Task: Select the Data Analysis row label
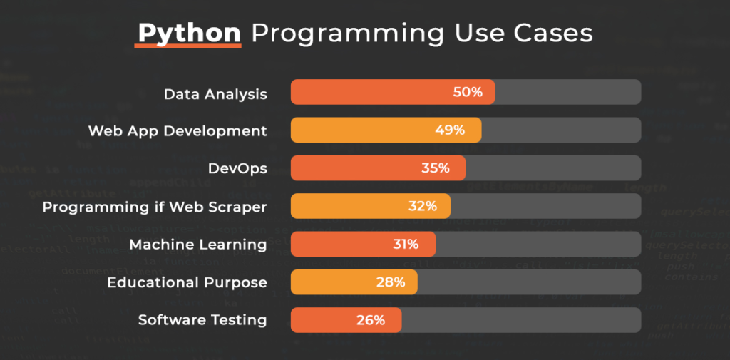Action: coord(215,93)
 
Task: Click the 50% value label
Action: coord(468,93)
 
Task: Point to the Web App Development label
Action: coord(178,131)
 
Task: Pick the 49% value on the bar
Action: coord(450,130)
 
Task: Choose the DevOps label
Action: coord(237,169)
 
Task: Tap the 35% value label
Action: coord(435,168)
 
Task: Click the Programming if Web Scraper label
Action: coord(155,207)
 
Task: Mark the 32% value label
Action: coord(422,206)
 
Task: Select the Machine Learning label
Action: coord(198,245)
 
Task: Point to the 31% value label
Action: coord(405,244)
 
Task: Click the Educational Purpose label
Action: coord(187,282)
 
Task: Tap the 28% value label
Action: coord(391,282)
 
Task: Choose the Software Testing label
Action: coord(202,320)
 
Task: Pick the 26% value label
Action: coord(371,320)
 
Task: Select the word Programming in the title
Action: coord(349,34)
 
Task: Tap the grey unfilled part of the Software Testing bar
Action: coord(520,320)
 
